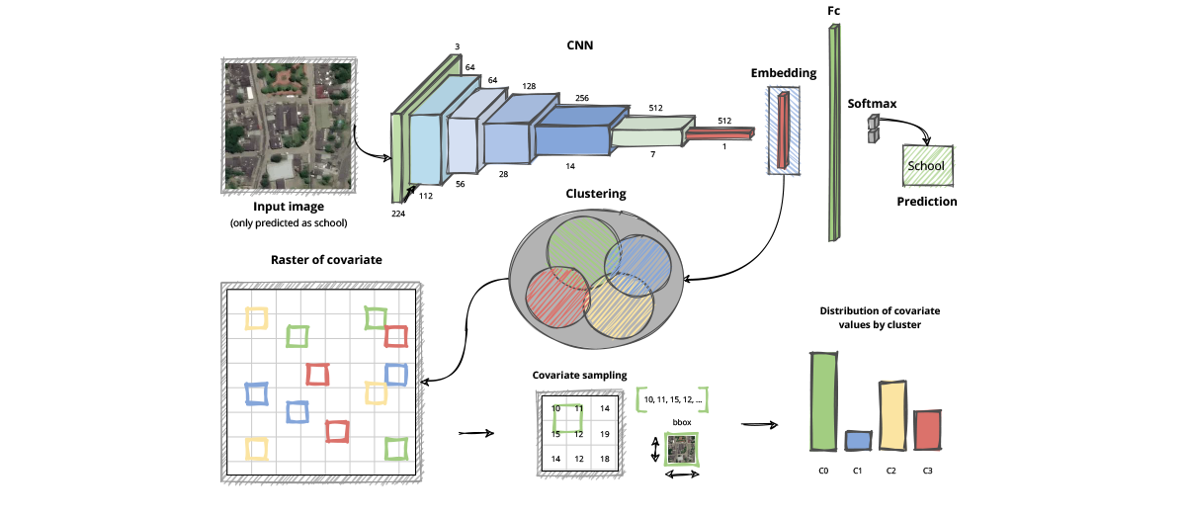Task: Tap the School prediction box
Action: click(926, 166)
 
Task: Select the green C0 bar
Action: click(823, 400)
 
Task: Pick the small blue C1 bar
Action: click(859, 440)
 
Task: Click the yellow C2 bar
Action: click(891, 415)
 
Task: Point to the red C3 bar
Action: click(927, 429)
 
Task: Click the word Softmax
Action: click(870, 103)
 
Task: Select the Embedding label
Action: click(784, 73)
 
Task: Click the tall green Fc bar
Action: click(834, 132)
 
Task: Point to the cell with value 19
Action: click(605, 433)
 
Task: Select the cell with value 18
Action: click(605, 459)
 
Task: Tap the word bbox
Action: click(681, 422)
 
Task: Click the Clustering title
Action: click(595, 194)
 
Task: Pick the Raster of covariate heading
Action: click(326, 260)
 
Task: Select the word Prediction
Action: click(926, 202)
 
